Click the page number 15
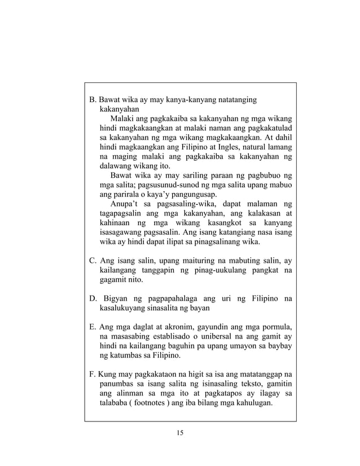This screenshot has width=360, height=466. click(x=180, y=433)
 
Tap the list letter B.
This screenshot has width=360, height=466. click(x=94, y=100)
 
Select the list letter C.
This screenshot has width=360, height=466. click(x=94, y=260)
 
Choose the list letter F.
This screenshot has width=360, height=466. click(x=93, y=375)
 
